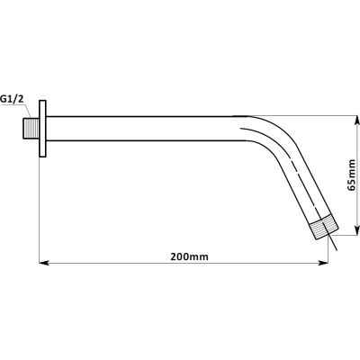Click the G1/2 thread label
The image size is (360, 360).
point(12,99)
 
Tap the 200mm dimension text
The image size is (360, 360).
point(189,256)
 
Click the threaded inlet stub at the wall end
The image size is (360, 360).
point(31,129)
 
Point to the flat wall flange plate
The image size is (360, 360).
point(42,129)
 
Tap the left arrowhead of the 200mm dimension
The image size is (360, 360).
point(45,263)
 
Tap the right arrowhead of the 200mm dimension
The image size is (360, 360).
point(323,263)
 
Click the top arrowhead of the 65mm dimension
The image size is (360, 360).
point(356,121)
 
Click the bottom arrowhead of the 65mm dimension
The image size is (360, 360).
point(356,230)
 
